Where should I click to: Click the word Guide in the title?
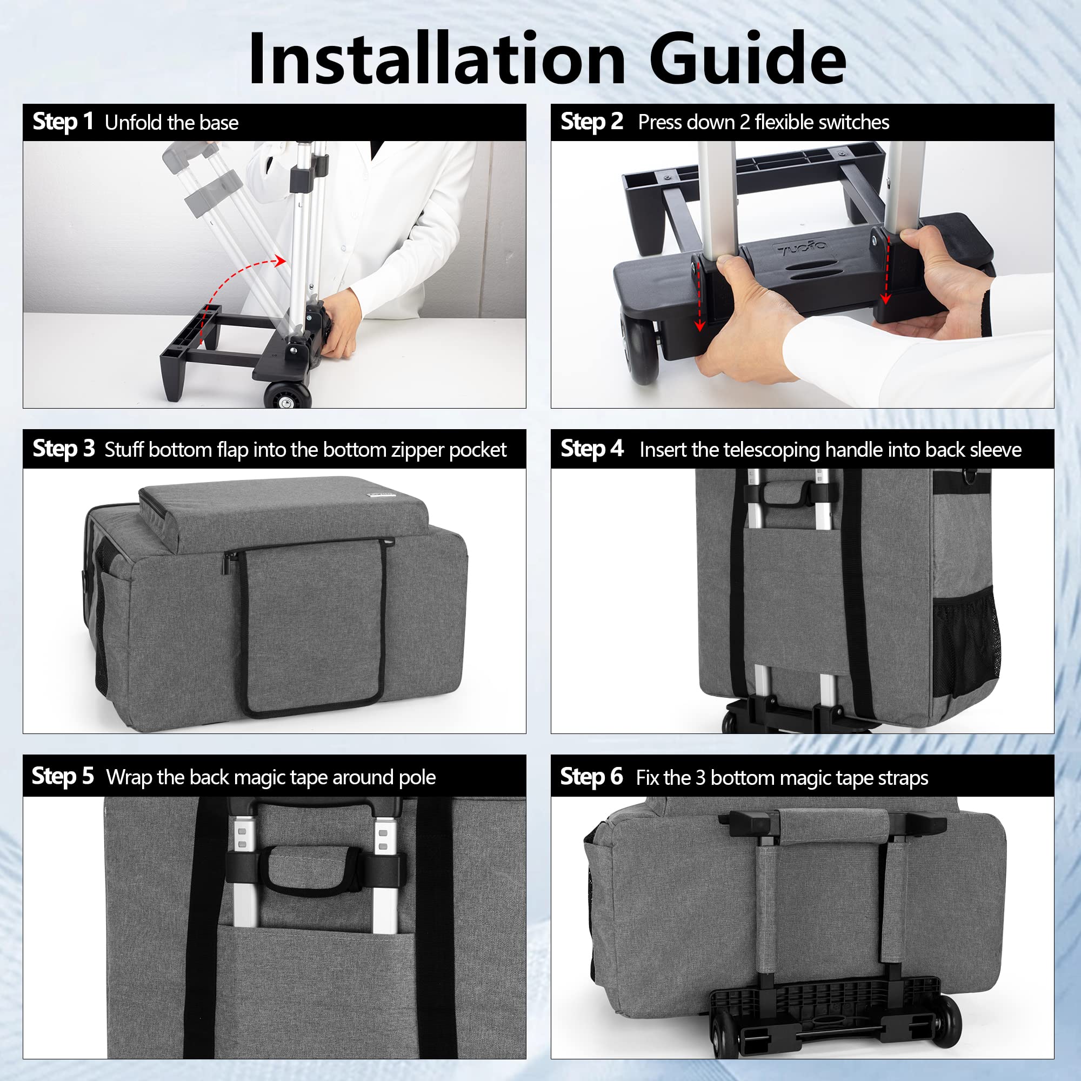tap(748, 58)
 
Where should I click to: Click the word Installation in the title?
tap(437, 58)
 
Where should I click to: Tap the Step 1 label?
tap(63, 122)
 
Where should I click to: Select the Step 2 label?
tap(591, 122)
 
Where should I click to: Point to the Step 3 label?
tap(64, 449)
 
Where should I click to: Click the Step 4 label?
tap(592, 449)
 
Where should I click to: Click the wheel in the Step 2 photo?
tap(639, 350)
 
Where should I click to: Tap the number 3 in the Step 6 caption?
tap(700, 778)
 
